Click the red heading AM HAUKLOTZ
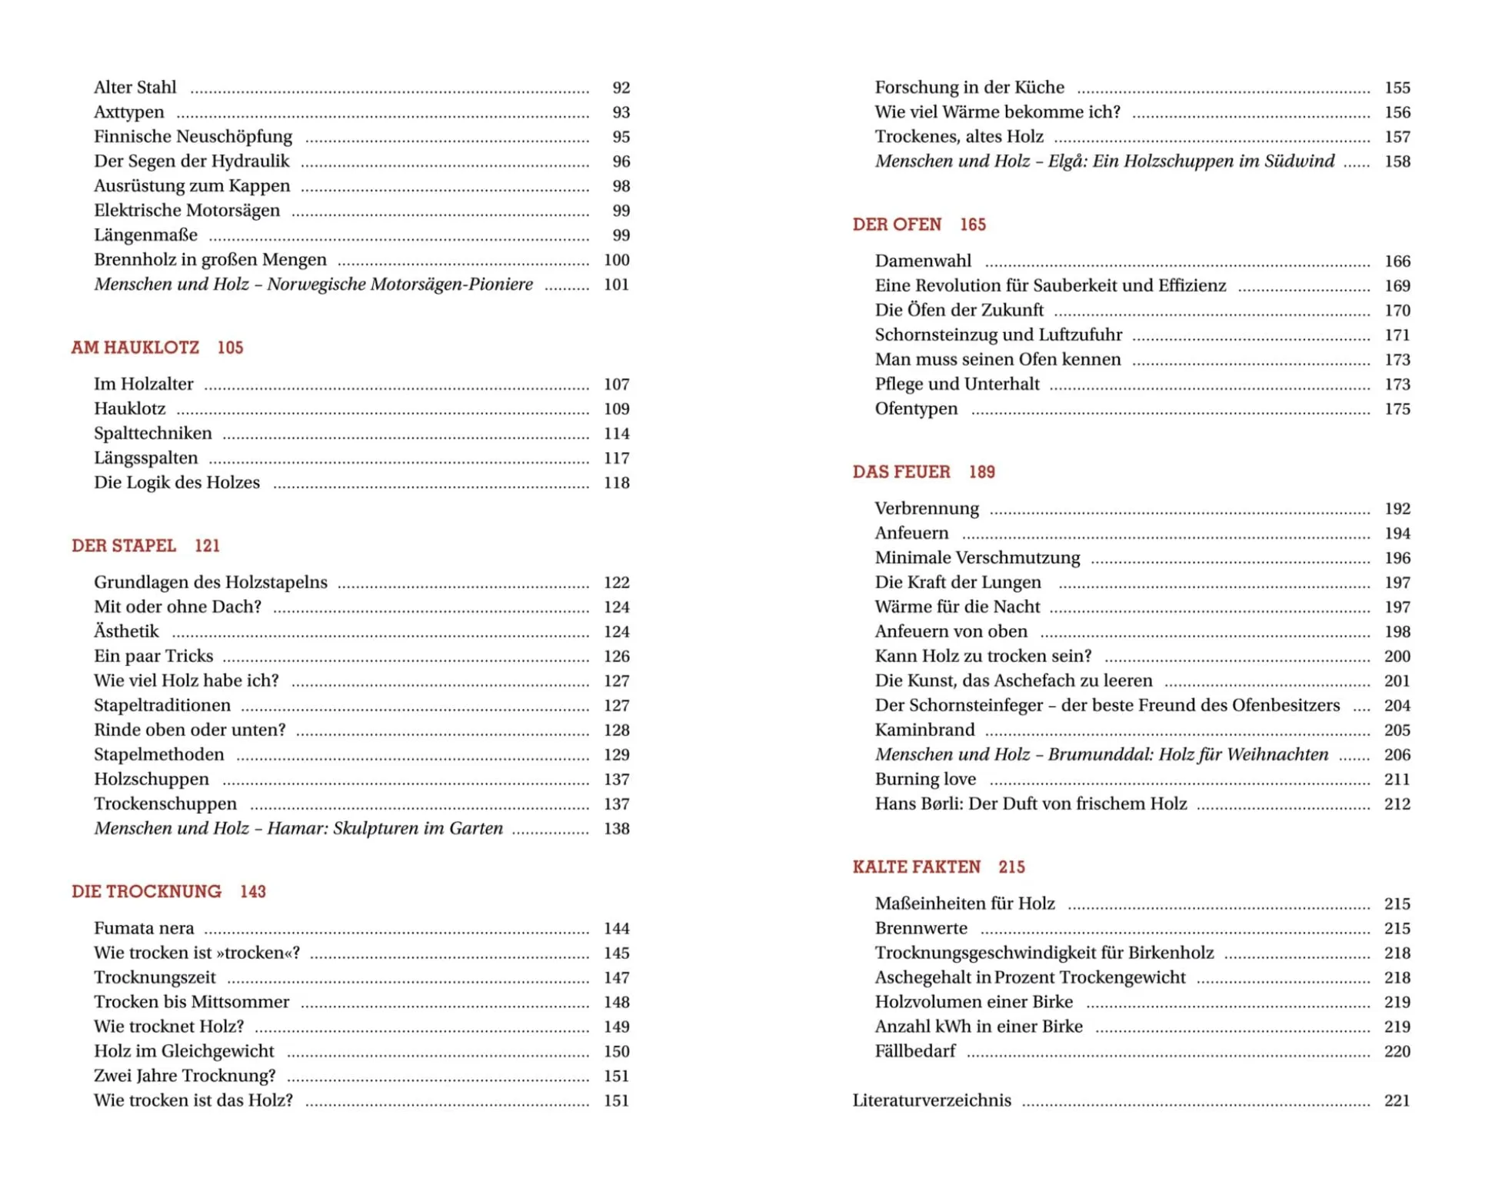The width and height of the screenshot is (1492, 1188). click(x=135, y=348)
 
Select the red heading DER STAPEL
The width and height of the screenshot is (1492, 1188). click(x=124, y=546)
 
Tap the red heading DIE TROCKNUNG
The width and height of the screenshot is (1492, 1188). click(x=146, y=891)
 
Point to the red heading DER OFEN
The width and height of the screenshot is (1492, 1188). click(x=897, y=225)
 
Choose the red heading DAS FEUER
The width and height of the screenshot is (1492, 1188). click(x=901, y=472)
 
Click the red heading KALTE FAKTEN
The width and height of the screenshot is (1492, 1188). click(x=917, y=867)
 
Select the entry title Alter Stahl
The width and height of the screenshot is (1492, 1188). click(x=135, y=88)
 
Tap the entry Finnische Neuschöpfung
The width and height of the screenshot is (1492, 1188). click(x=193, y=137)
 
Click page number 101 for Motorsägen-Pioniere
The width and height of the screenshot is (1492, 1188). click(x=616, y=285)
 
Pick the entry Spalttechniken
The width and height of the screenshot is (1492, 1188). click(x=153, y=434)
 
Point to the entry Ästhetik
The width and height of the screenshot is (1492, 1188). click(x=126, y=632)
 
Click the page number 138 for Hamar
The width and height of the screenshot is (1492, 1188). click(x=616, y=829)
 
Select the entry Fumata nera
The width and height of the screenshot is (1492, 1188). click(x=144, y=928)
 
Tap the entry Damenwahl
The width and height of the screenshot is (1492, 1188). click(x=923, y=261)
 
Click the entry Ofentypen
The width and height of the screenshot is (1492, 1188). click(x=916, y=409)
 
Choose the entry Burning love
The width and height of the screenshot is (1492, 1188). click(x=925, y=780)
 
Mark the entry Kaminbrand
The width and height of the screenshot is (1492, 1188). click(x=924, y=730)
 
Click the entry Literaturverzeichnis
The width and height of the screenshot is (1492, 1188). click(x=931, y=1100)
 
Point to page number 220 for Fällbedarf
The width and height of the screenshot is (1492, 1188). click(x=1397, y=1051)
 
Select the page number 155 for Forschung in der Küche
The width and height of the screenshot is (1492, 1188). click(x=1397, y=88)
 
